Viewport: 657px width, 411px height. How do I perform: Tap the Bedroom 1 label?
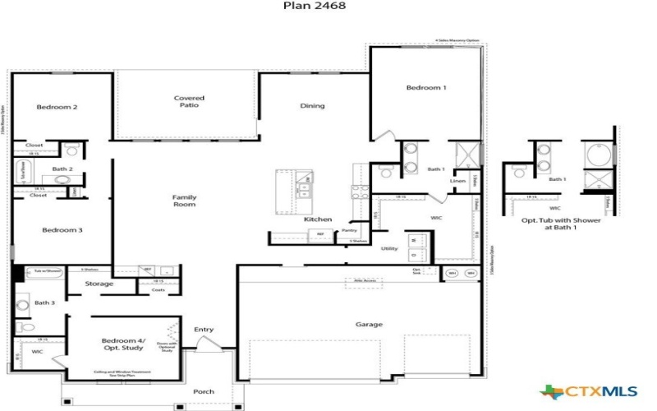tap(426, 88)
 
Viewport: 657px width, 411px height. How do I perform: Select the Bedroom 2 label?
tap(57, 107)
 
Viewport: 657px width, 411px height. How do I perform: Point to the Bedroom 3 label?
tap(62, 230)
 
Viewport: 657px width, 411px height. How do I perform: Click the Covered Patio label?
tap(189, 102)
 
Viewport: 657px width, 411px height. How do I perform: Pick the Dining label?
tap(312, 105)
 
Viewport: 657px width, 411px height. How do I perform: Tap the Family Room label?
tap(184, 201)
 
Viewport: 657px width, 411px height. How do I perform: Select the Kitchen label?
tap(318, 219)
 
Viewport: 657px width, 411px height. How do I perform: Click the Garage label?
tap(369, 325)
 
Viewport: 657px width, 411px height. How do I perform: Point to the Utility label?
tap(389, 248)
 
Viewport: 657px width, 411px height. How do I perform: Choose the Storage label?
tap(99, 284)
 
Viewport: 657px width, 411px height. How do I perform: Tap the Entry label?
tap(204, 330)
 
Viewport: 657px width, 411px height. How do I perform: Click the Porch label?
tap(204, 391)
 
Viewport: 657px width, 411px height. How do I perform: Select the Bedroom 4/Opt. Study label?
tap(122, 344)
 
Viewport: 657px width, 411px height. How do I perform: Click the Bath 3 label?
tap(44, 302)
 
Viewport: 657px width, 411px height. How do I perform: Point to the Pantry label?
tap(350, 231)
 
